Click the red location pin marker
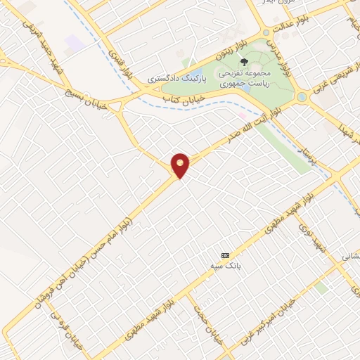pyautogui.click(x=181, y=165)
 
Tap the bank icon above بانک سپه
pyautogui.click(x=225, y=255)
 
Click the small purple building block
pyautogui.click(x=76, y=42)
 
